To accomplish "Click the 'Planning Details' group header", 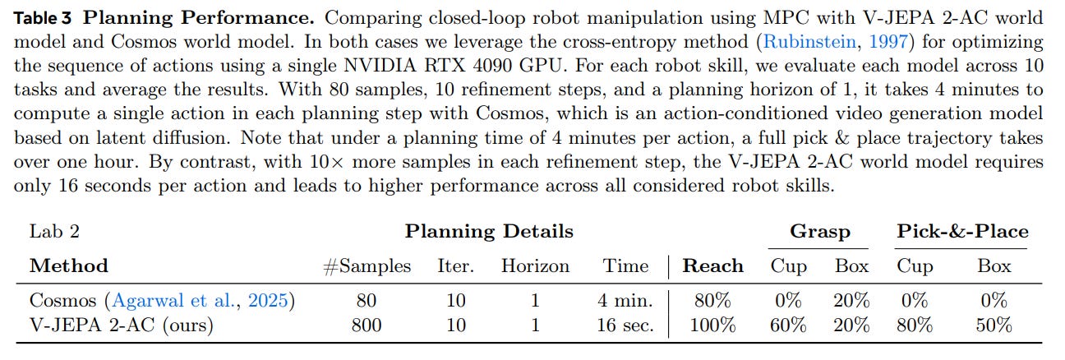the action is click(489, 232).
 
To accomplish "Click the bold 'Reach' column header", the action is click(713, 266).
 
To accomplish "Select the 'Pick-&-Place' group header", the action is click(962, 232).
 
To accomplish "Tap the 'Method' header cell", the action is click(68, 266).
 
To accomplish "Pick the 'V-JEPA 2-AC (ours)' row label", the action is click(121, 325).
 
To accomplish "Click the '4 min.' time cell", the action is click(625, 301).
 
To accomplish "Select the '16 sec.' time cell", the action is click(625, 325).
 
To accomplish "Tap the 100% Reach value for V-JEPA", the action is click(713, 325).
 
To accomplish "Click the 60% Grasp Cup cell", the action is click(788, 325).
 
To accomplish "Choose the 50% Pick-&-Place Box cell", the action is click(994, 325).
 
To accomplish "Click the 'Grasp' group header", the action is click(819, 232).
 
